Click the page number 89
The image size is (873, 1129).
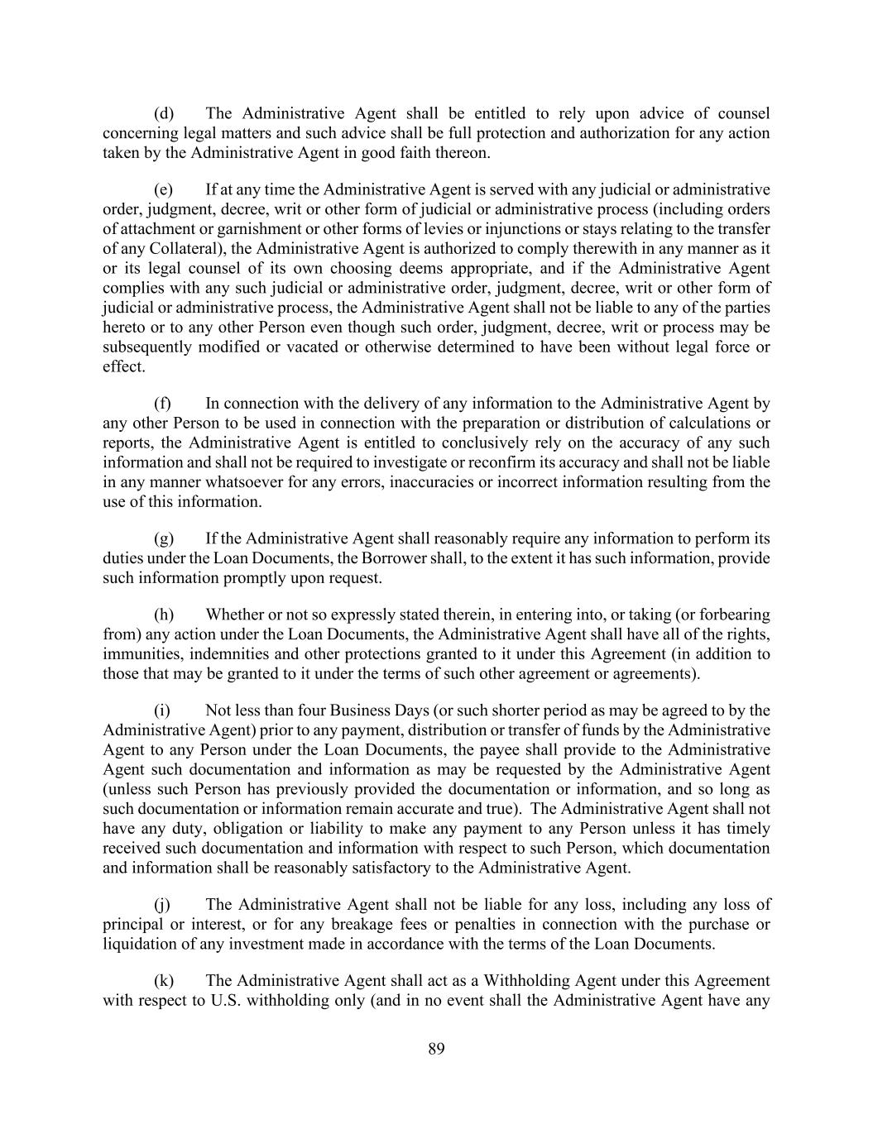coord(436,1050)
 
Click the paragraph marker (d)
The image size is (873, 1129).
coord(164,113)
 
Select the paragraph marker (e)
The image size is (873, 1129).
coord(164,189)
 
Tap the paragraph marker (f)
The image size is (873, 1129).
coord(163,404)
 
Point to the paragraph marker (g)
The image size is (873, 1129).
coord(164,538)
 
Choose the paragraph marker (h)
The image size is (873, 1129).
coord(164,615)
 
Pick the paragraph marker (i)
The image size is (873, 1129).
coord(162,710)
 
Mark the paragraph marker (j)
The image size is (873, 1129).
coord(162,905)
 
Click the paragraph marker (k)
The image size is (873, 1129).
coord(164,981)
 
